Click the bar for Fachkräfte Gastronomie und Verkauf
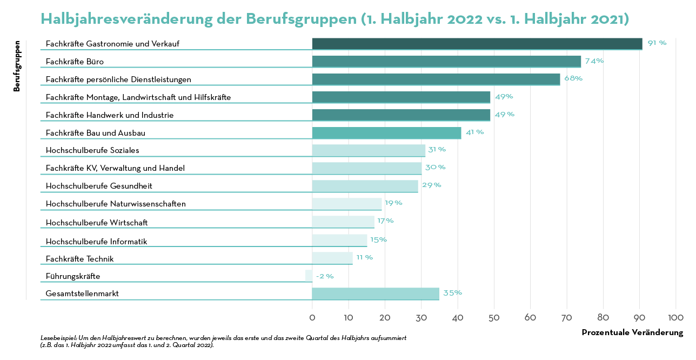point(477,44)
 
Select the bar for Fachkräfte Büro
point(446,62)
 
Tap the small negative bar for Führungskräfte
point(309,276)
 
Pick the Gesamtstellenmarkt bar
point(376,294)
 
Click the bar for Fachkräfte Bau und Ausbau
point(386,133)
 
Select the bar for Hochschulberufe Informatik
point(339,241)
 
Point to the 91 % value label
point(657,43)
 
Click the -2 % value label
point(325,276)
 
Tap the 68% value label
point(573,78)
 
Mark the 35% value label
point(452,293)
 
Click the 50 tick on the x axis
point(494,317)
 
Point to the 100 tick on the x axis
point(675,317)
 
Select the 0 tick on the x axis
point(312,317)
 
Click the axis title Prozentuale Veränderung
point(632,332)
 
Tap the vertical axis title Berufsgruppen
point(17,66)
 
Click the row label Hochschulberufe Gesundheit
point(99,186)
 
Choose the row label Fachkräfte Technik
point(79,259)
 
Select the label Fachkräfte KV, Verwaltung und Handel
point(115,168)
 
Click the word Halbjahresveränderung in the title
point(127,19)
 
